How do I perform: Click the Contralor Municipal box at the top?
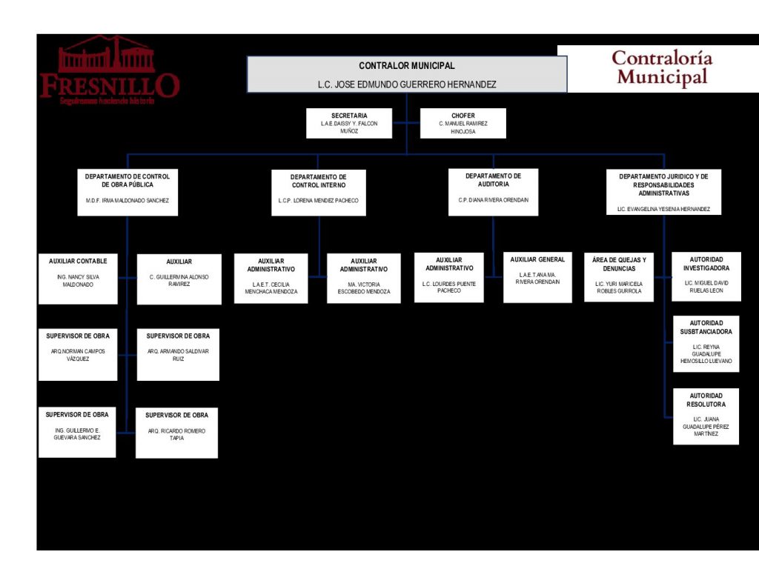pos(406,74)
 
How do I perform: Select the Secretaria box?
pos(349,123)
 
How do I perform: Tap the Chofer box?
pos(463,123)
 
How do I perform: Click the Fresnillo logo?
pos(109,70)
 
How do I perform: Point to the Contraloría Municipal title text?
pos(662,67)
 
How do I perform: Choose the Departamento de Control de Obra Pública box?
pos(127,191)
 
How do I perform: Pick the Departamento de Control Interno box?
pos(318,193)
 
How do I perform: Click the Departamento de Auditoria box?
pos(493,191)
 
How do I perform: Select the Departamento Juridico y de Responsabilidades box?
pos(663,192)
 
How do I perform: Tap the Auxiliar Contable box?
pos(78,278)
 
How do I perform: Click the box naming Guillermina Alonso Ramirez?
pos(179,279)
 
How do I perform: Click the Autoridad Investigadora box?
pos(706,276)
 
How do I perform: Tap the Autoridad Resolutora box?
pos(706,416)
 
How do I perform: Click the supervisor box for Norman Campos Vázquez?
pos(78,354)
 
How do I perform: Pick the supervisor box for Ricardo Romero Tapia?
pos(177,433)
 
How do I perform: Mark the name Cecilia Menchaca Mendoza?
pos(271,288)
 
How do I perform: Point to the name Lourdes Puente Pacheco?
pos(449,287)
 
